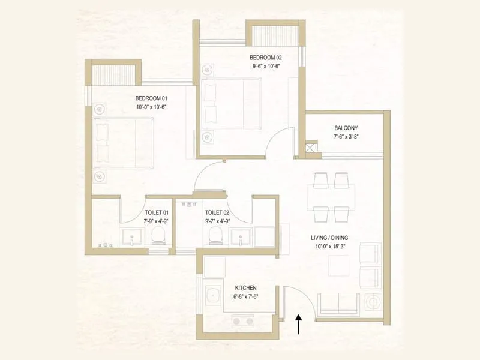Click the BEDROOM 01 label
(150, 98)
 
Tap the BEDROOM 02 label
(266, 58)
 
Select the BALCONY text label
(346, 128)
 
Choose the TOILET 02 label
(217, 212)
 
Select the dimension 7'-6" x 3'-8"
(346, 137)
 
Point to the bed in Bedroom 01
(124, 142)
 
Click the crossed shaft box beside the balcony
(311, 147)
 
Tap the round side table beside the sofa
(371, 301)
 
